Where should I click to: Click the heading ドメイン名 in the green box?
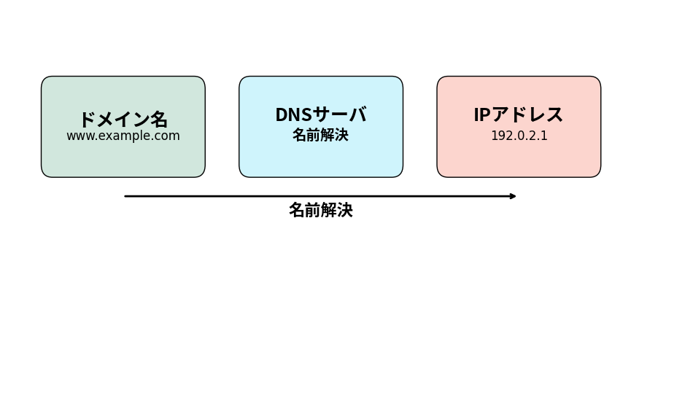pos(123,119)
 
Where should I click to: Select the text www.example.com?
pos(123,136)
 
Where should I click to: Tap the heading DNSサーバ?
pos(320,114)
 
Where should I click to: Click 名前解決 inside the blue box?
pos(320,136)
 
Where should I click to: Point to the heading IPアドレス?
pos(518,114)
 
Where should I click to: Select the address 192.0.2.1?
pos(519,136)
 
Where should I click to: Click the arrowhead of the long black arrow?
pos(514,196)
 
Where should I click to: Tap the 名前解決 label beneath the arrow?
pos(320,210)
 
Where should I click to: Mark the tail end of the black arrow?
pos(126,196)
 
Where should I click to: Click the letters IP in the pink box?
pos(481,114)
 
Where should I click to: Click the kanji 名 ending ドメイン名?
pos(159,119)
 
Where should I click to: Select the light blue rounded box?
pos(320,160)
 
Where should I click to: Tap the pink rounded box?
pos(519,160)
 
